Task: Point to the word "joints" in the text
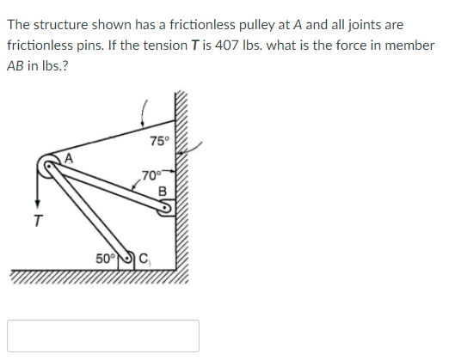356,25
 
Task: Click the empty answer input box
103,335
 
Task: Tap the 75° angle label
160,141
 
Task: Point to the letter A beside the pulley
71,158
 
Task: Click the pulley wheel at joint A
50,166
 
